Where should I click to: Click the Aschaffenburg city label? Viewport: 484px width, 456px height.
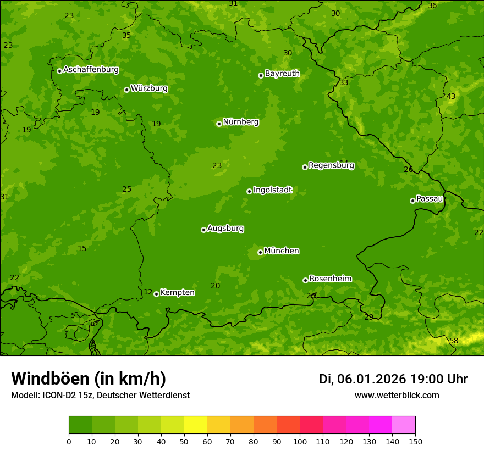91,70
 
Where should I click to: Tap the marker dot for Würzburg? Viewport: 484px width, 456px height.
127,90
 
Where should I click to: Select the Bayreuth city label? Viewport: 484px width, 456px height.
282,74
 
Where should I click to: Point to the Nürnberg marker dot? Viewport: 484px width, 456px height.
219,124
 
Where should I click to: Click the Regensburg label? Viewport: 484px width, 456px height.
331,165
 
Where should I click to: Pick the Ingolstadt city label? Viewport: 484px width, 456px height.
272,190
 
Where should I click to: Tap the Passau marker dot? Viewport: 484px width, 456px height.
413,201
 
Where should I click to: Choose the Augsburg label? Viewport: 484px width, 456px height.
226,229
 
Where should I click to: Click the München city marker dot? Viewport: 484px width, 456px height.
260,252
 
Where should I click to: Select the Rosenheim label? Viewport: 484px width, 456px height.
330,279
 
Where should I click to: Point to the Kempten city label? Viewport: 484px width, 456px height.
177,293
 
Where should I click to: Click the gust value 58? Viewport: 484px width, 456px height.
454,341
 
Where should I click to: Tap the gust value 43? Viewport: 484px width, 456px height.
451,97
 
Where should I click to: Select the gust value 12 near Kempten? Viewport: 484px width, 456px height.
148,292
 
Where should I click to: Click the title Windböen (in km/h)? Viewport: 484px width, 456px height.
89,379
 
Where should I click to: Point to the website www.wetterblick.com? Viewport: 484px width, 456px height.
397,396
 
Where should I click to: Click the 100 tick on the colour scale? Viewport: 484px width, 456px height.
300,441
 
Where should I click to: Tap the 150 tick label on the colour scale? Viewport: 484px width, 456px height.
415,441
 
